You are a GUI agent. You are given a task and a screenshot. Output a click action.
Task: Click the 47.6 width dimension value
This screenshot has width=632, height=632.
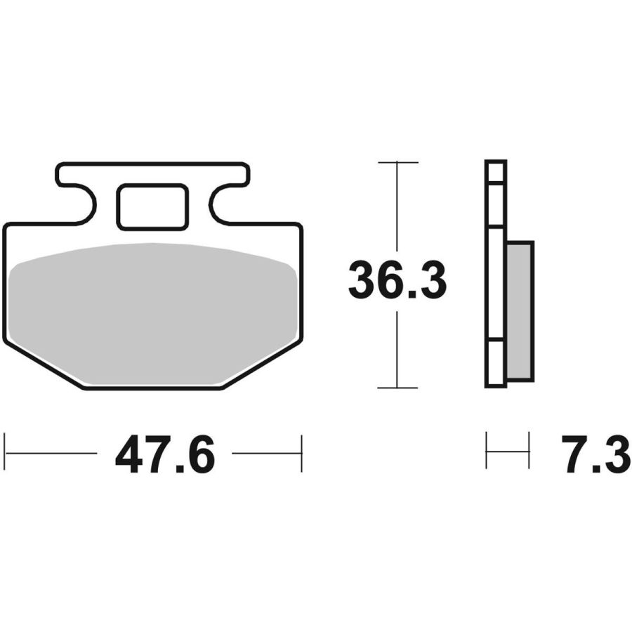[x=165, y=454]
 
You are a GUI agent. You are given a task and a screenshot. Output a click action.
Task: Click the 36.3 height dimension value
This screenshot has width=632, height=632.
[x=397, y=279]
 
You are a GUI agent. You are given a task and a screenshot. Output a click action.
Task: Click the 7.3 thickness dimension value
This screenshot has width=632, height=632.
[x=595, y=454]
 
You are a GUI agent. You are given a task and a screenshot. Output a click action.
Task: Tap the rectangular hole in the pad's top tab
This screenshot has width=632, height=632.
[x=153, y=207]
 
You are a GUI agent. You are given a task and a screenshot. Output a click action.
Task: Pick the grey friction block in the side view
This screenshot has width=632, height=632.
[x=520, y=311]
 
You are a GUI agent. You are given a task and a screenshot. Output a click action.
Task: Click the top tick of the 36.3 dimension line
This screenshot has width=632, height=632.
[x=398, y=162]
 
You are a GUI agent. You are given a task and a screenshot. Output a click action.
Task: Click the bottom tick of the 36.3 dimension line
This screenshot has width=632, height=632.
[x=398, y=388]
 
